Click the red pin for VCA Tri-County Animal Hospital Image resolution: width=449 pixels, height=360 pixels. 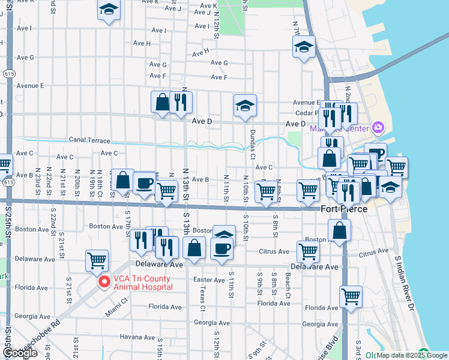pos(104,282)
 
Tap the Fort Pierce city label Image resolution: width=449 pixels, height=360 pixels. pos(344,209)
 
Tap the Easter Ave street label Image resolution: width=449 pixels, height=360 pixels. pos(209,280)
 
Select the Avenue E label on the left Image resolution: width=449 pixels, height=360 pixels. pos(30,86)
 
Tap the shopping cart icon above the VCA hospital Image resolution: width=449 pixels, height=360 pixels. pos(97,260)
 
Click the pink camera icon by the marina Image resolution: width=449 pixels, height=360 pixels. pos(377,127)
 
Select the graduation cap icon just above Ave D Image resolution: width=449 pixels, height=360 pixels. pos(245,106)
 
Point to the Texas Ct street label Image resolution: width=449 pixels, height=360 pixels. pos(202,302)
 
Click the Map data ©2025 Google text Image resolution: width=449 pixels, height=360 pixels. pos(412,355)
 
